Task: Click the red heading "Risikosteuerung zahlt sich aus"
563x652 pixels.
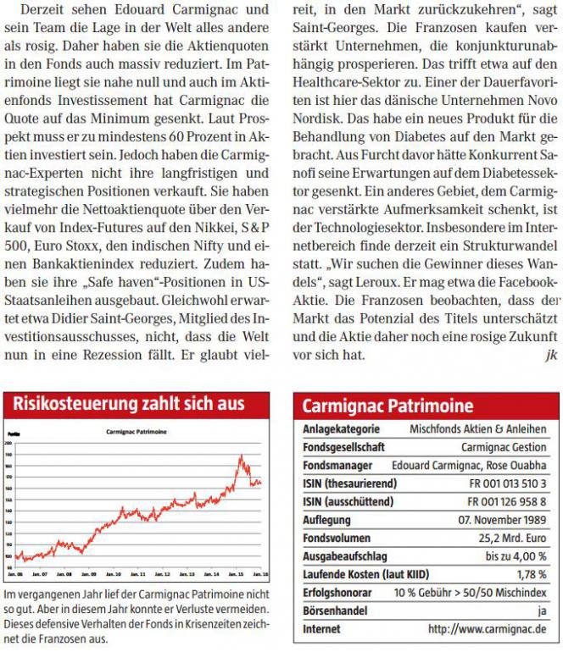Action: point(129,403)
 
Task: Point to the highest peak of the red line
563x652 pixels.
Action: point(240,456)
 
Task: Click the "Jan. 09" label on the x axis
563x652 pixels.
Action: point(87,573)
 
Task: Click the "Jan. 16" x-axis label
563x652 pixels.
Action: point(257,573)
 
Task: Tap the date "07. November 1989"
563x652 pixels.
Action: point(502,520)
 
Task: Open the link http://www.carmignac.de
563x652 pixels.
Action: point(487,629)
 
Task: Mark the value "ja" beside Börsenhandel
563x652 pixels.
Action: point(540,611)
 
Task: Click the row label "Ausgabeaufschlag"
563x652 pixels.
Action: point(345,556)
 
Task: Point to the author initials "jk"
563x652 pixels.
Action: point(551,354)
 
